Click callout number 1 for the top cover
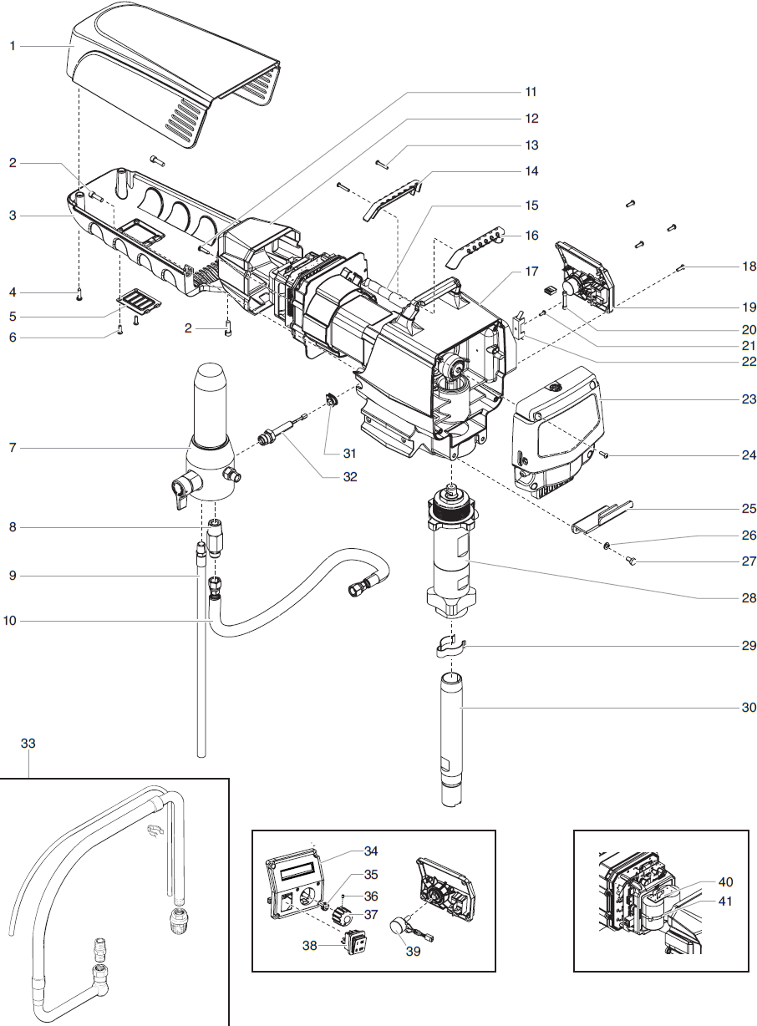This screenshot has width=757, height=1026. point(13,47)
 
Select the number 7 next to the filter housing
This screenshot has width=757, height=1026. point(13,449)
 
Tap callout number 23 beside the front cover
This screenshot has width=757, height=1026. point(748,399)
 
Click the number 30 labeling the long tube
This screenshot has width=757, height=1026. point(748,708)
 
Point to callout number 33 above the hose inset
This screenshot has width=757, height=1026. point(28,743)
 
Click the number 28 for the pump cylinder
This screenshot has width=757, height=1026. point(748,598)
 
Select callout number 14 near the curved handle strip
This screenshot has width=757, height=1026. point(531,170)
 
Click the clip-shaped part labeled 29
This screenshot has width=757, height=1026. point(450,645)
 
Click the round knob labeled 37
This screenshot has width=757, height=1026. point(340,916)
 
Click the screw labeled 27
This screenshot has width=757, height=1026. point(633,562)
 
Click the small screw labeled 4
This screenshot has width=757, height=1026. point(79,293)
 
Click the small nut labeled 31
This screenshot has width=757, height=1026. point(332,402)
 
